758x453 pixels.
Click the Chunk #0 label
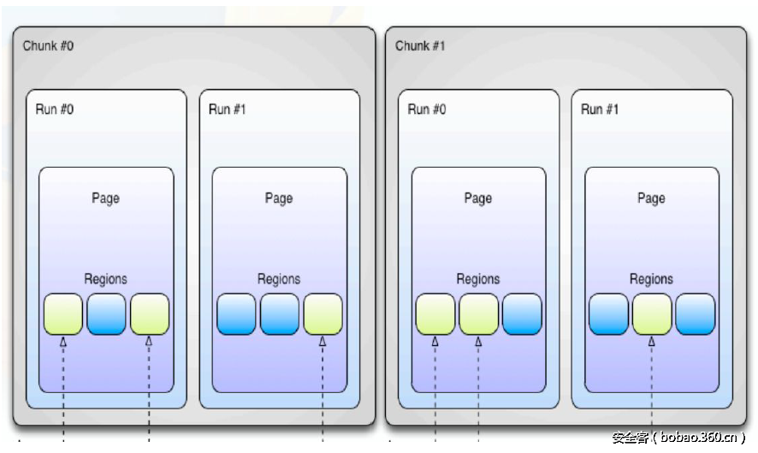[48, 45]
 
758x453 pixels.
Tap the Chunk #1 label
[420, 45]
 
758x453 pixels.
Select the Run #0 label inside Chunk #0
[55, 109]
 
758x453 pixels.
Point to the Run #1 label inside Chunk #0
[228, 109]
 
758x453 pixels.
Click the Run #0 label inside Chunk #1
[427, 109]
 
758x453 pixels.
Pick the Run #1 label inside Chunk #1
[600, 109]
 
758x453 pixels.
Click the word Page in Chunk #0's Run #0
[106, 198]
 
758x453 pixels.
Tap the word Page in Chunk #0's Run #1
[279, 198]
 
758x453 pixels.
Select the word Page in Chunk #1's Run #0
[478, 198]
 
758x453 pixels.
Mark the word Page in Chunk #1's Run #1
[651, 198]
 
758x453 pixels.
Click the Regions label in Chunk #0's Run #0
[106, 278]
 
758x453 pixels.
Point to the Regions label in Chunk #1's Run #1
[651, 278]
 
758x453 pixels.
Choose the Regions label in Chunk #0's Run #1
[279, 278]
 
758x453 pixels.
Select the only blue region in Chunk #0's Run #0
[106, 314]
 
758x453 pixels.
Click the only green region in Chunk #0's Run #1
[323, 314]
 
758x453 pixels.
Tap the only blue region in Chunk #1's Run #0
[522, 314]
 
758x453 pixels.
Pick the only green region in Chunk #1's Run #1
[652, 314]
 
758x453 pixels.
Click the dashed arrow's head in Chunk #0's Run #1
[323, 342]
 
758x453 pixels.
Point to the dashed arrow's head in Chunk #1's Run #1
[652, 342]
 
